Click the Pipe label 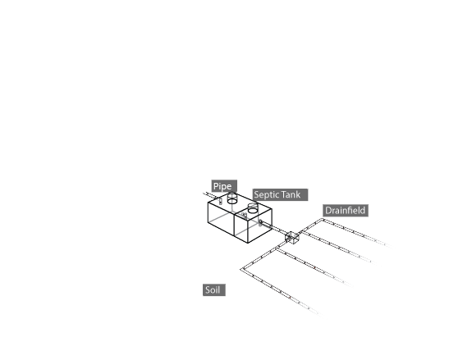pyautogui.click(x=224, y=186)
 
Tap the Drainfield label pyautogui.click(x=345, y=211)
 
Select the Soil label pyautogui.click(x=214, y=290)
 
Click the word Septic pyautogui.click(x=267, y=194)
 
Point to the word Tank pyautogui.click(x=291, y=194)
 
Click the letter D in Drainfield pyautogui.click(x=328, y=211)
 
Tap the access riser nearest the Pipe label pyautogui.click(x=232, y=198)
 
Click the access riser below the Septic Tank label pyautogui.click(x=253, y=208)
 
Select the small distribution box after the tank pyautogui.click(x=292, y=238)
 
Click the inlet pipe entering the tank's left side pyautogui.click(x=211, y=196)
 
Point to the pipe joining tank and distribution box pyautogui.click(x=273, y=228)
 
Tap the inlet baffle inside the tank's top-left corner pyautogui.click(x=220, y=202)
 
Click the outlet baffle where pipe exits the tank pyautogui.click(x=260, y=223)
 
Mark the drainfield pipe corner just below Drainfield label pyautogui.click(x=323, y=219)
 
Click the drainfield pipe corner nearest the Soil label pyautogui.click(x=241, y=269)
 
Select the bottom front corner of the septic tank pyautogui.click(x=248, y=244)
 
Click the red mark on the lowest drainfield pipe pyautogui.click(x=291, y=298)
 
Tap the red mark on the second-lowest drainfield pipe pyautogui.click(x=314, y=268)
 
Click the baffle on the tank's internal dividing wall pyautogui.click(x=245, y=215)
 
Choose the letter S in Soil pyautogui.click(x=208, y=290)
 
